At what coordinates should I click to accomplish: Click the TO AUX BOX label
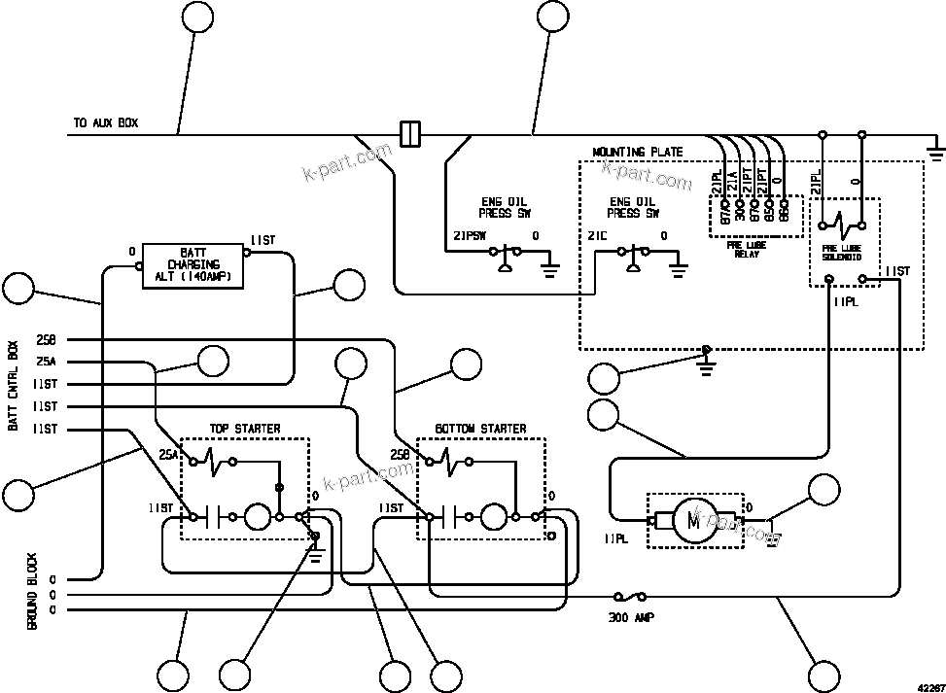coord(106,123)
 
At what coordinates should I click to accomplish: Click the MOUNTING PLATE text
coord(637,153)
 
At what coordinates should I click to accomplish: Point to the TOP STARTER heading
coord(245,429)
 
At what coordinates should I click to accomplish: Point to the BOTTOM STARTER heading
coord(480,429)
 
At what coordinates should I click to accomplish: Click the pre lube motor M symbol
coord(694,520)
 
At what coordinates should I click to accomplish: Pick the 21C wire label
coord(597,235)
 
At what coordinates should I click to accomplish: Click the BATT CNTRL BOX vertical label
coord(14,384)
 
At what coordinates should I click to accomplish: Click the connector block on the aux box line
coord(410,133)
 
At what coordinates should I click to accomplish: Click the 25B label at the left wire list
coord(46,339)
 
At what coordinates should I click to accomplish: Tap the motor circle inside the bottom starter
coord(494,516)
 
